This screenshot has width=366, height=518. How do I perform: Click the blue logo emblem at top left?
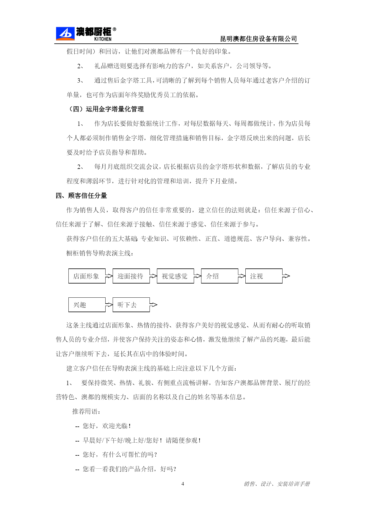65,34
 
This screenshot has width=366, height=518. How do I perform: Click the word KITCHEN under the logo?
103,39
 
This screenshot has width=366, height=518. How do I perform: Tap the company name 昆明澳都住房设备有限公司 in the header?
259,39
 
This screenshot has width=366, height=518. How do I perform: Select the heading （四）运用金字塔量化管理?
106,109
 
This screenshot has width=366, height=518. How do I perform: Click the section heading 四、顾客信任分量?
81,196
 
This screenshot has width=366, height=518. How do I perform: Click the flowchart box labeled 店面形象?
87,276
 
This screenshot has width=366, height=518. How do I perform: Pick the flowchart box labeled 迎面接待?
131,276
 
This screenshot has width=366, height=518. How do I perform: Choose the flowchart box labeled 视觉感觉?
175,276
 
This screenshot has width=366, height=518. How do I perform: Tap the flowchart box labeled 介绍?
219,276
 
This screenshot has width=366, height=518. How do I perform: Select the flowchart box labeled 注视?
264,276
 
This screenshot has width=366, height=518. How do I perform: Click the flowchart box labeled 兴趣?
87,305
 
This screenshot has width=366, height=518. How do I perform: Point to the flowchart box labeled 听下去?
131,305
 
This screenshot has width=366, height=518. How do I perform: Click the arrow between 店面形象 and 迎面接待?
109,276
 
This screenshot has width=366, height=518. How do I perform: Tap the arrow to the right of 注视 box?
286,276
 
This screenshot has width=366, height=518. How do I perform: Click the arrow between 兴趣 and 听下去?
109,305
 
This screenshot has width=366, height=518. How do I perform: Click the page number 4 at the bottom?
183,484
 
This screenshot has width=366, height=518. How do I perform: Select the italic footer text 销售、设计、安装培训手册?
277,484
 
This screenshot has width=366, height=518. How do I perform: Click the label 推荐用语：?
86,411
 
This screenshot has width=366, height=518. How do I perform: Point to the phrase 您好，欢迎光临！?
106,426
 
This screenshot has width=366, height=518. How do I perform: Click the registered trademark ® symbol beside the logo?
114,30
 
